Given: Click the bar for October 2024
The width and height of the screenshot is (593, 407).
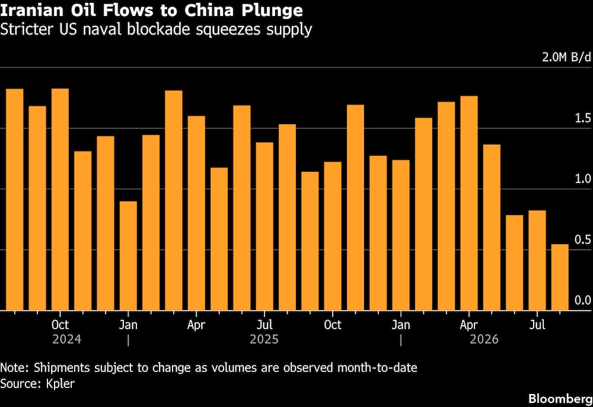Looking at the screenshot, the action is tap(60, 199).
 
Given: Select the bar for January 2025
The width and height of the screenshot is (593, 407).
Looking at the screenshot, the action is tap(128, 256).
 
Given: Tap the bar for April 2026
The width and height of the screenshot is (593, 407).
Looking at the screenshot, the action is tap(469, 203).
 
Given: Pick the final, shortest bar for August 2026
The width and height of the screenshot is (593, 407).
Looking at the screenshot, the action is tap(560, 277).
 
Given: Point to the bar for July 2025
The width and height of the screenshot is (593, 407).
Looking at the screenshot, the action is tap(264, 226).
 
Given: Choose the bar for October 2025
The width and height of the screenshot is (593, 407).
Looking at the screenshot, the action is tap(333, 236).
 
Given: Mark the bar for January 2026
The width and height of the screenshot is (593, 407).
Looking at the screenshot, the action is tap(401, 235).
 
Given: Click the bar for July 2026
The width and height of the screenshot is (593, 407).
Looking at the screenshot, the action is tap(537, 260).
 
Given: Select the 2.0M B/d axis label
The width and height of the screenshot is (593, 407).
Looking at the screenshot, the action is tap(566, 57).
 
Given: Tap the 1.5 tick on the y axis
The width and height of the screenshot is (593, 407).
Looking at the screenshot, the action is tap(583, 118).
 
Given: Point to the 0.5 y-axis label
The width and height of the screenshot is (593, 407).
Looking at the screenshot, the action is tap(583, 239).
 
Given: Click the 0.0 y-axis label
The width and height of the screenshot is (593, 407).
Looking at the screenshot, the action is tap(583, 300).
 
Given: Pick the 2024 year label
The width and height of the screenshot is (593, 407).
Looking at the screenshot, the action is tap(67, 339).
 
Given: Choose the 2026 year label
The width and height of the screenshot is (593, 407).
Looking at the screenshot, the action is tap(484, 339).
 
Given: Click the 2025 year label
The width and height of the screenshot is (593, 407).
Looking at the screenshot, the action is tap(264, 339).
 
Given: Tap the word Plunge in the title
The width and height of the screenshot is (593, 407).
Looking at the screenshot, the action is tap(272, 11).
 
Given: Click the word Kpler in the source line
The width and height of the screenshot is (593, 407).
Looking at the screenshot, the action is tap(60, 383).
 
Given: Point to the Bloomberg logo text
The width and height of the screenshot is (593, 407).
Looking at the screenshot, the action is tap(560, 399).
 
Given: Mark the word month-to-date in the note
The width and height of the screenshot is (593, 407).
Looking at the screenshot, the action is tap(377, 368).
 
